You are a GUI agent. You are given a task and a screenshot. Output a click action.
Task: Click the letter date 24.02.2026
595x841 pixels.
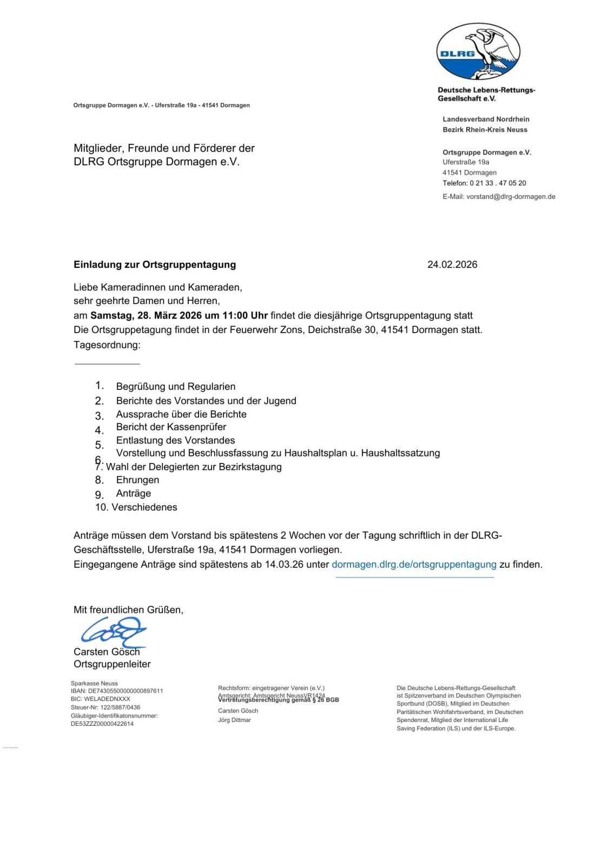(x=452, y=264)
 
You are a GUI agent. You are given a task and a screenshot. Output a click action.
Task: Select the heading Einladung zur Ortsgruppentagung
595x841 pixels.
(x=155, y=264)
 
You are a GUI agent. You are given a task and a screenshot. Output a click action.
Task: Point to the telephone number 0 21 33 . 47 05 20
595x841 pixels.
(x=498, y=183)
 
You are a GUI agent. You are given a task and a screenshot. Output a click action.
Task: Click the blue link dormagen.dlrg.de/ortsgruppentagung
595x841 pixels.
(x=414, y=564)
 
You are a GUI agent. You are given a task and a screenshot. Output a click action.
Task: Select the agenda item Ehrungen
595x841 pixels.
(x=137, y=480)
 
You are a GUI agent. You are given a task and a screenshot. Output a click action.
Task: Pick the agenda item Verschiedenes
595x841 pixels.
(x=144, y=507)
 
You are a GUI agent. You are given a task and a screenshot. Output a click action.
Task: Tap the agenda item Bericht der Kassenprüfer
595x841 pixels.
(x=171, y=427)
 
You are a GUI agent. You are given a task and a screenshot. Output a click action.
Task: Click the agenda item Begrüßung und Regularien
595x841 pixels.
(x=176, y=387)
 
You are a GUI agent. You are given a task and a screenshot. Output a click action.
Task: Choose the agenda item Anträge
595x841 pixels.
(x=134, y=493)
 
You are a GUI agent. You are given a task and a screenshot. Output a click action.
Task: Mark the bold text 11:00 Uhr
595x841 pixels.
(x=243, y=315)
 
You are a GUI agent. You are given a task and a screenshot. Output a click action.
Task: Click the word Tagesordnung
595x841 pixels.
(x=107, y=345)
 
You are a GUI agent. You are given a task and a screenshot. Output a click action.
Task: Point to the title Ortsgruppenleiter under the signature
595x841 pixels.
(x=112, y=664)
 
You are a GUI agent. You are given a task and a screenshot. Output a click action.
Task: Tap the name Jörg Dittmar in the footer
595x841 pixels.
(x=234, y=720)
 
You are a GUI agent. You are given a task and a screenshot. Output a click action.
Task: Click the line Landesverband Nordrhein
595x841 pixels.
(x=486, y=119)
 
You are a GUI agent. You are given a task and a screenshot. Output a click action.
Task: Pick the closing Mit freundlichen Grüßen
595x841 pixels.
(x=128, y=610)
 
